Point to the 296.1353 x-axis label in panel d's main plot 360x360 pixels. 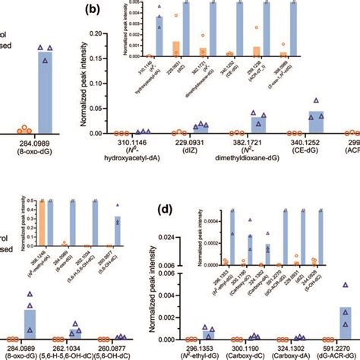coord(201,348)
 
